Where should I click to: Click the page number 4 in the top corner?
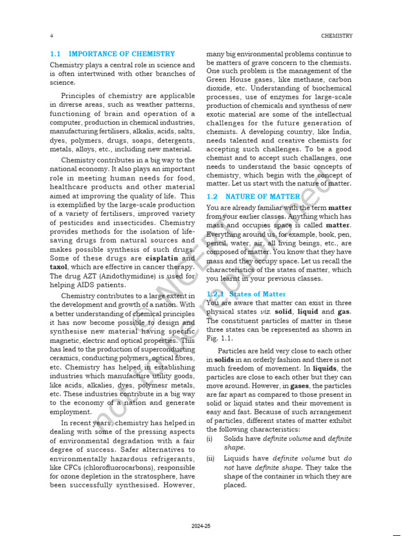(51, 36)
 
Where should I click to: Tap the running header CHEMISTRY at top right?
(336, 36)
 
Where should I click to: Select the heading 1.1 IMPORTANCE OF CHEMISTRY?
(112, 54)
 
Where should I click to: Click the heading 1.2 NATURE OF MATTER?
(253, 196)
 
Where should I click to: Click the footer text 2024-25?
(200, 526)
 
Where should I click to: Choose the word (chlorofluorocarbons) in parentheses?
(108, 468)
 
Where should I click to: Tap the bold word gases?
(300, 386)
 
